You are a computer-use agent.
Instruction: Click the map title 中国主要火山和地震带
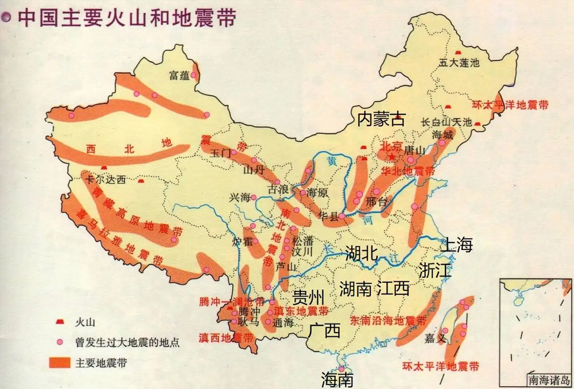tap(126, 17)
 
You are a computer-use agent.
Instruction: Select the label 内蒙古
tap(381, 119)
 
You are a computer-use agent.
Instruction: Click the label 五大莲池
tap(458, 63)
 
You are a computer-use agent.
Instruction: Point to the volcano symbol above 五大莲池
tap(459, 52)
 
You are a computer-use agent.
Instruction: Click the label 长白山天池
tap(446, 122)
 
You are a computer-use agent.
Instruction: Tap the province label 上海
tap(457, 245)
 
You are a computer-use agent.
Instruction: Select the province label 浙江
tap(435, 270)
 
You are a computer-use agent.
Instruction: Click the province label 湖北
tap(361, 253)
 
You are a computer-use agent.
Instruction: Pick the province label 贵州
tap(309, 297)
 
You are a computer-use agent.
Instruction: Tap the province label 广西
tap(324, 331)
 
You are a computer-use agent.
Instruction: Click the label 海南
tap(337, 379)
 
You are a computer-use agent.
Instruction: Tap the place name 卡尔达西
tap(106, 180)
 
